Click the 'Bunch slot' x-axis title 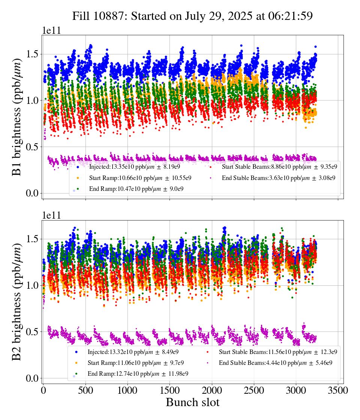(192, 402)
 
